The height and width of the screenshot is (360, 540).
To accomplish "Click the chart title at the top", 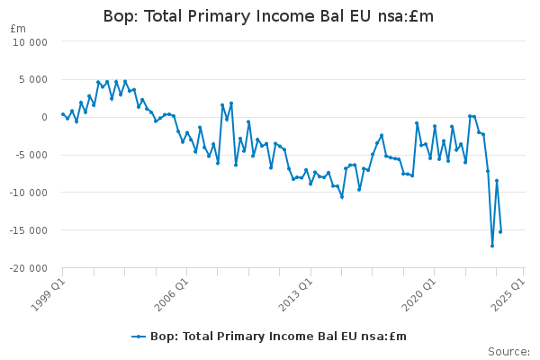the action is point(268,16).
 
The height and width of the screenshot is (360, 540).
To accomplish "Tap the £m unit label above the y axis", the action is point(18,29).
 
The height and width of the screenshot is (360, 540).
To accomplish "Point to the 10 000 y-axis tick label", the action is point(30,42).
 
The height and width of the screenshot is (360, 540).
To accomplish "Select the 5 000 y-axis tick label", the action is point(33,79).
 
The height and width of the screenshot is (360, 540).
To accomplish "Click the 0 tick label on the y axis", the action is point(44,117).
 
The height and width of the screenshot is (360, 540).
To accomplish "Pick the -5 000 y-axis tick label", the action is point(31,155).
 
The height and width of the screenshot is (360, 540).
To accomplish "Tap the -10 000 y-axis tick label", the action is point(28,193).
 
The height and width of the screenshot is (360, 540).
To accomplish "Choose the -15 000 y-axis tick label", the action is point(28,230).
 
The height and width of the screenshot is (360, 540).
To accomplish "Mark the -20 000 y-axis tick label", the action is point(28,268).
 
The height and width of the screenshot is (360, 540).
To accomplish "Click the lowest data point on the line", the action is point(492,246).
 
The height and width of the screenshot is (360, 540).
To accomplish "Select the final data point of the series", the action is point(500,231).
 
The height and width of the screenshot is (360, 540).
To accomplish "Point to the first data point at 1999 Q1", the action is point(63,114).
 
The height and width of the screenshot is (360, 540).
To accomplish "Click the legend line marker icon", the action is point(139,337).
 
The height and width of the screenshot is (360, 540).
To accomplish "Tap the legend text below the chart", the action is point(279,337).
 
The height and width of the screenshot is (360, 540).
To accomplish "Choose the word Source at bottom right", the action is point(508,352).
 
